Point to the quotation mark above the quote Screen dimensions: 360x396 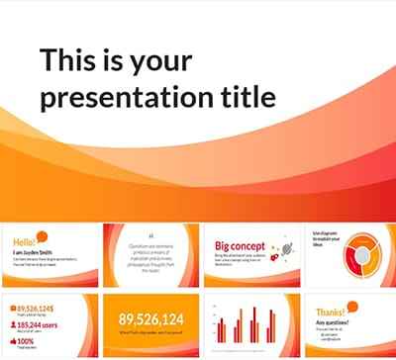click(149, 236)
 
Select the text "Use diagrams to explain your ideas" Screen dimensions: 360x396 click(326, 238)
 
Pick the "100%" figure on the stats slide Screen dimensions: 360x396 click(29, 341)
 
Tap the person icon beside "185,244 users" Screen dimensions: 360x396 click(13, 324)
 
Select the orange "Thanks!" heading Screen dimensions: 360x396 click(330, 311)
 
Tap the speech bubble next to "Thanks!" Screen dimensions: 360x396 click(354, 306)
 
